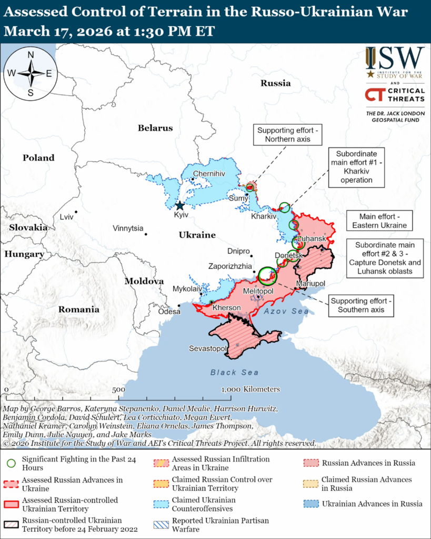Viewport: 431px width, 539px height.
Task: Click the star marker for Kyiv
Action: tap(180, 205)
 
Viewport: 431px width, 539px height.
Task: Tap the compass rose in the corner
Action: tap(31, 73)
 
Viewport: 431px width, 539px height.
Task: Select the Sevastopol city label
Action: tap(207, 348)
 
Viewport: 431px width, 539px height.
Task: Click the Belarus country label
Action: tap(155, 128)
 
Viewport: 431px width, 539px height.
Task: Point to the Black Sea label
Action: tap(234, 373)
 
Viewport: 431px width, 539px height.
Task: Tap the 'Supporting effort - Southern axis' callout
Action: tap(361, 305)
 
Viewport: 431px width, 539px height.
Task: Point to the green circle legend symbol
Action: tap(10, 463)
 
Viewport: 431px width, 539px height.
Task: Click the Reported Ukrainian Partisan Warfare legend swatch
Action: tap(161, 525)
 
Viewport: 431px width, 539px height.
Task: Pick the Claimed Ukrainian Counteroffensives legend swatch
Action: tap(161, 504)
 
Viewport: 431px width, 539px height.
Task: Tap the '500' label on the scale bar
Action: tap(118, 390)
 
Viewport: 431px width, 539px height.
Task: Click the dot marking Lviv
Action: tap(76, 212)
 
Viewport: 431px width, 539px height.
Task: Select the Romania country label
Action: tap(79, 310)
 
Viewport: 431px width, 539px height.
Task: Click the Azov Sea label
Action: tap(286, 312)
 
